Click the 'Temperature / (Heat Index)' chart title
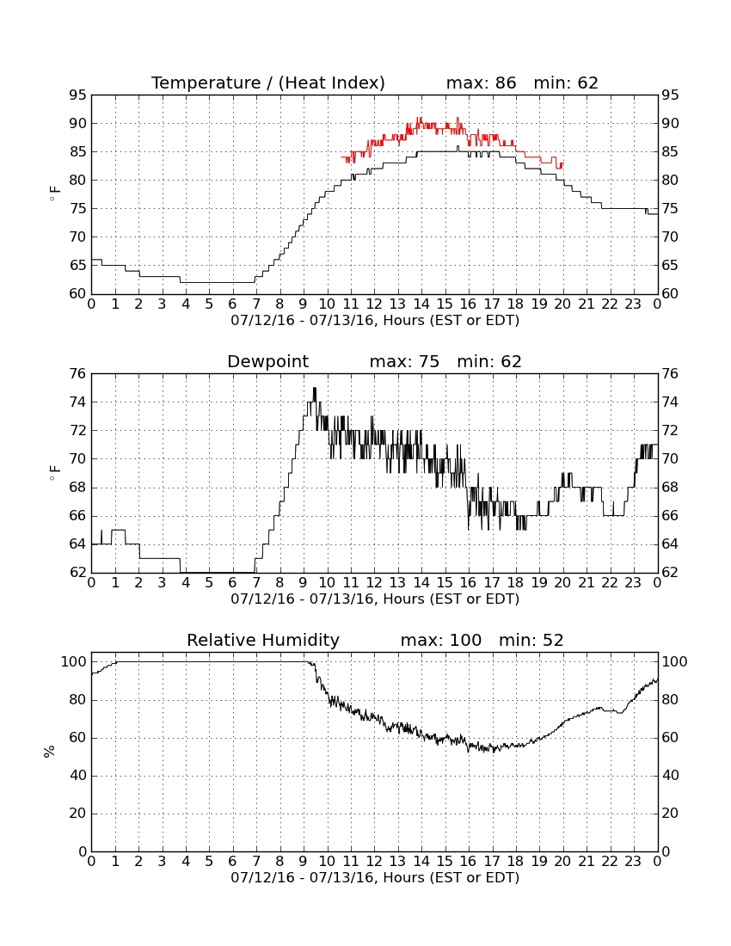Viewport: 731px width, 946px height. click(x=267, y=83)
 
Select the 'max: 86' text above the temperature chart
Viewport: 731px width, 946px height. click(x=482, y=83)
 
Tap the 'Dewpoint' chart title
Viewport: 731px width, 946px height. click(x=267, y=362)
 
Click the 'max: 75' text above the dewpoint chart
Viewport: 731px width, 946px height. click(x=405, y=361)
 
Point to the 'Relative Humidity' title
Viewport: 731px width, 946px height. click(x=263, y=640)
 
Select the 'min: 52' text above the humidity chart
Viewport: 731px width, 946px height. click(x=531, y=640)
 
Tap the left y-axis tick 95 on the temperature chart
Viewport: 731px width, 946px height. click(x=77, y=95)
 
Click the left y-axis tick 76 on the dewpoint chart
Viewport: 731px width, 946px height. click(x=77, y=374)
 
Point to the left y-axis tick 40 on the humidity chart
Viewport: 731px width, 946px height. click(x=78, y=775)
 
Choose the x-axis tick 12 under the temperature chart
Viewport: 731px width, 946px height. click(x=374, y=304)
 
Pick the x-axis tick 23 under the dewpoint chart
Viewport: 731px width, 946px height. click(x=633, y=583)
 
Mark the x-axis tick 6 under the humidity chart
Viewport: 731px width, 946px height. click(x=233, y=861)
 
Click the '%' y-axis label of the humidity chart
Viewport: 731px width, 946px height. click(x=50, y=751)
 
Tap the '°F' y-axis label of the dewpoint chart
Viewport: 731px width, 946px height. click(x=54, y=472)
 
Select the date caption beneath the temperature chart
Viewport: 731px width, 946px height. click(x=375, y=321)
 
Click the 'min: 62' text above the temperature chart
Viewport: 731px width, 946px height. click(x=566, y=83)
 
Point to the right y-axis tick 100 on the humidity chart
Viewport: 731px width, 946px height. click(x=674, y=662)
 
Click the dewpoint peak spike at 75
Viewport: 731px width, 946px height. click(x=314, y=389)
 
